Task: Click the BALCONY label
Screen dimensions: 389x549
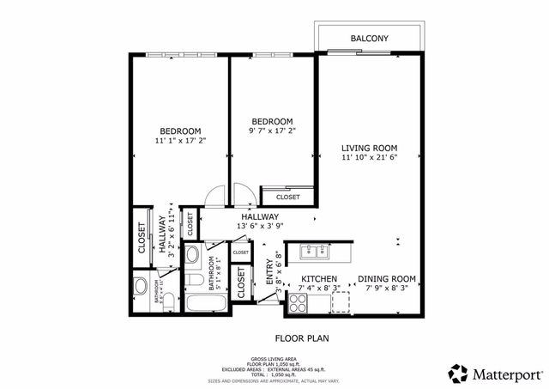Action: point(370,39)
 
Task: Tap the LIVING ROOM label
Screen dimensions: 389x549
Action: point(368,147)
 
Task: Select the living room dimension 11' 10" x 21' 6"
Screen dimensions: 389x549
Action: point(368,157)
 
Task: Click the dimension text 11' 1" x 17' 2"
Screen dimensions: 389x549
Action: point(180,140)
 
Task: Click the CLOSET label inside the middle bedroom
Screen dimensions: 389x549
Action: point(287,197)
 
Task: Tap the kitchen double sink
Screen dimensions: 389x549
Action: point(315,252)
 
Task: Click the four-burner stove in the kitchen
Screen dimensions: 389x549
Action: point(299,302)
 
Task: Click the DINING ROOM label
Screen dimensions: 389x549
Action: point(386,278)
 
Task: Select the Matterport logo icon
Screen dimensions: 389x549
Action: point(458,373)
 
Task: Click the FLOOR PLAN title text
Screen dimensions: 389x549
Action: point(299,337)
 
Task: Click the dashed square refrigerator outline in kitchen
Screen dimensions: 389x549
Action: point(341,301)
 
